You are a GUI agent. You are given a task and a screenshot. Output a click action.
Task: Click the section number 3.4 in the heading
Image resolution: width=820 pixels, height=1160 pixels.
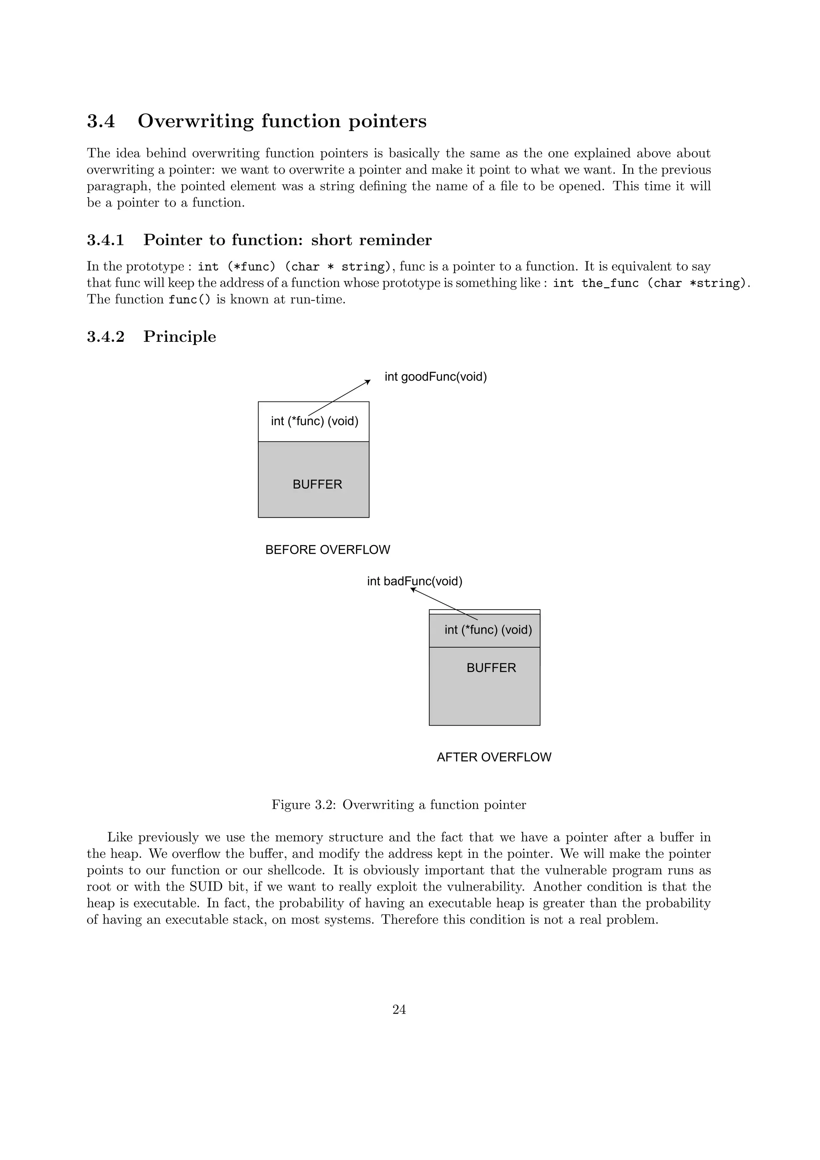[101, 122]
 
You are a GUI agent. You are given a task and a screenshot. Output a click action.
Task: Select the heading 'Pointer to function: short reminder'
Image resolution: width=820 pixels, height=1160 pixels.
[287, 240]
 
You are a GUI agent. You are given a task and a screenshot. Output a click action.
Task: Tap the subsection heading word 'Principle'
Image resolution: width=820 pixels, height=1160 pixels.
[179, 337]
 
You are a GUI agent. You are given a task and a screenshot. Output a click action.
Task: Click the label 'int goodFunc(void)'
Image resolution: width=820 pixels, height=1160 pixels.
[436, 377]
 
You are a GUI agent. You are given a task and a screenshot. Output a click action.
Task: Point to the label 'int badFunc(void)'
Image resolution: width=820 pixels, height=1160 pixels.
[415, 582]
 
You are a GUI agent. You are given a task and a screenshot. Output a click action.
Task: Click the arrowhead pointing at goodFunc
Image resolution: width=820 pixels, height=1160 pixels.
[368, 381]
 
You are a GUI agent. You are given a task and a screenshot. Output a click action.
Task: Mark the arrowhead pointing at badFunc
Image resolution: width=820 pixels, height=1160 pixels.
[413, 589]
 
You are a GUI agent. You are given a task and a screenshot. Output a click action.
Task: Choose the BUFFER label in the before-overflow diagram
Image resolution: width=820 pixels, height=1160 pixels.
[317, 484]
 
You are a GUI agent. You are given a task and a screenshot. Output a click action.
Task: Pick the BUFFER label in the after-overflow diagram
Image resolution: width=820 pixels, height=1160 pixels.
[491, 668]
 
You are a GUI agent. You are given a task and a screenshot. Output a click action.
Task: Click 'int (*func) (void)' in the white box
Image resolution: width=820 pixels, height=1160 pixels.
[314, 421]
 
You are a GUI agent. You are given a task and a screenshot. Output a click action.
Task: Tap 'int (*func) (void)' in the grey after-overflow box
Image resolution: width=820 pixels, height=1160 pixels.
[488, 630]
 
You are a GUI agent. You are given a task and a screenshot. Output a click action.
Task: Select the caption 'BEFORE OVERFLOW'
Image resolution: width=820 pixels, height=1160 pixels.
[328, 550]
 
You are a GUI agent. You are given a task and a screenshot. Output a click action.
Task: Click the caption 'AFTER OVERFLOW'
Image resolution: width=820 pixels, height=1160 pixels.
[494, 757]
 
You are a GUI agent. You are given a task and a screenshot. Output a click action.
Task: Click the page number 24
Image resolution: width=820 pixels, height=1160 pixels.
[399, 1009]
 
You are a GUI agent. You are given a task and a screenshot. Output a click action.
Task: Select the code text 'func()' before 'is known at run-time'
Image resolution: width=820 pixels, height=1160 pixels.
[189, 299]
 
